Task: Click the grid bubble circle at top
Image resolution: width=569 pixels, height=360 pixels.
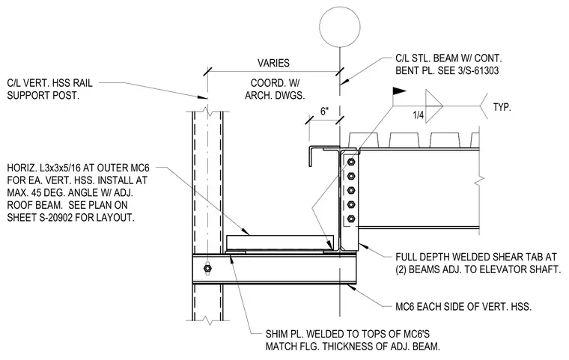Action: (340, 27)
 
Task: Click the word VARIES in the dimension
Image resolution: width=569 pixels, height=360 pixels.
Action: (273, 63)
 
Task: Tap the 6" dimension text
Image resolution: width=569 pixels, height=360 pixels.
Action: (325, 112)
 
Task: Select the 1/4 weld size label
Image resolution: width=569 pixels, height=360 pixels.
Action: (419, 115)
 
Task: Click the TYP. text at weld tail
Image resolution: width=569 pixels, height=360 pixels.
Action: (502, 108)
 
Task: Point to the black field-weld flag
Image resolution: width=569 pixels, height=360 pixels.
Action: (399, 91)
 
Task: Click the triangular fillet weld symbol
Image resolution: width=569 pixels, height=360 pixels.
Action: (434, 106)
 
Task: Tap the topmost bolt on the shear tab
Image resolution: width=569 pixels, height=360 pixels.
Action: (351, 162)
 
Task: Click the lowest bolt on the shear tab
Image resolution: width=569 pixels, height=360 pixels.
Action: (351, 219)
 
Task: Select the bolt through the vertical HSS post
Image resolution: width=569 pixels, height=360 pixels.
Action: (207, 269)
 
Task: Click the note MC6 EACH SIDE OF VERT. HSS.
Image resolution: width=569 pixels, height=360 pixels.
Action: (463, 307)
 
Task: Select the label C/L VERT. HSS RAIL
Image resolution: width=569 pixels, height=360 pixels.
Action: (49, 83)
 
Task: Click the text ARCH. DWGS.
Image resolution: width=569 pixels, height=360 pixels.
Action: (275, 96)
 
